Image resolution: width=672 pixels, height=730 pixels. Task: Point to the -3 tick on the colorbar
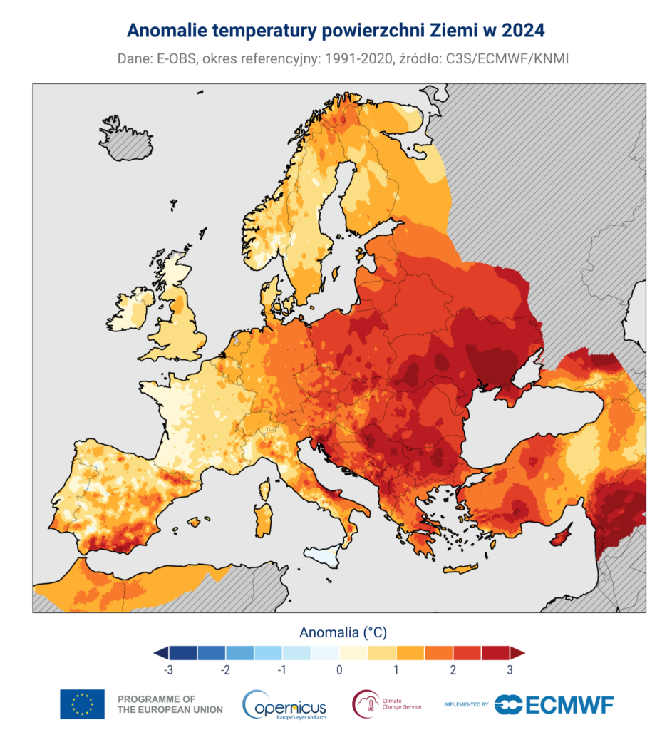coord(169,670)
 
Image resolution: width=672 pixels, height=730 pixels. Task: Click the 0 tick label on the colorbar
coord(339,670)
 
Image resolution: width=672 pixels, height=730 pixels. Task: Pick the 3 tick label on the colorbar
coord(510,670)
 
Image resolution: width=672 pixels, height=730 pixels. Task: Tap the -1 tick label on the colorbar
coord(282,670)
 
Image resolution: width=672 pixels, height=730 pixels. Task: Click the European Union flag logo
coord(82,704)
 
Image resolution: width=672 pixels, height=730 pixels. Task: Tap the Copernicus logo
coord(284,704)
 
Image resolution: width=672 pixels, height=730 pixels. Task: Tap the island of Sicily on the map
coord(324,553)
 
